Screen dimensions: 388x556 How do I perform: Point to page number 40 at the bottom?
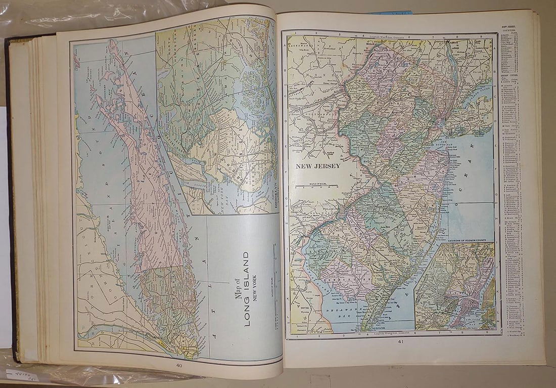pyautogui.click(x=179, y=366)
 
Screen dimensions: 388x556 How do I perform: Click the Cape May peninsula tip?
pyautogui.click(x=365, y=328)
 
